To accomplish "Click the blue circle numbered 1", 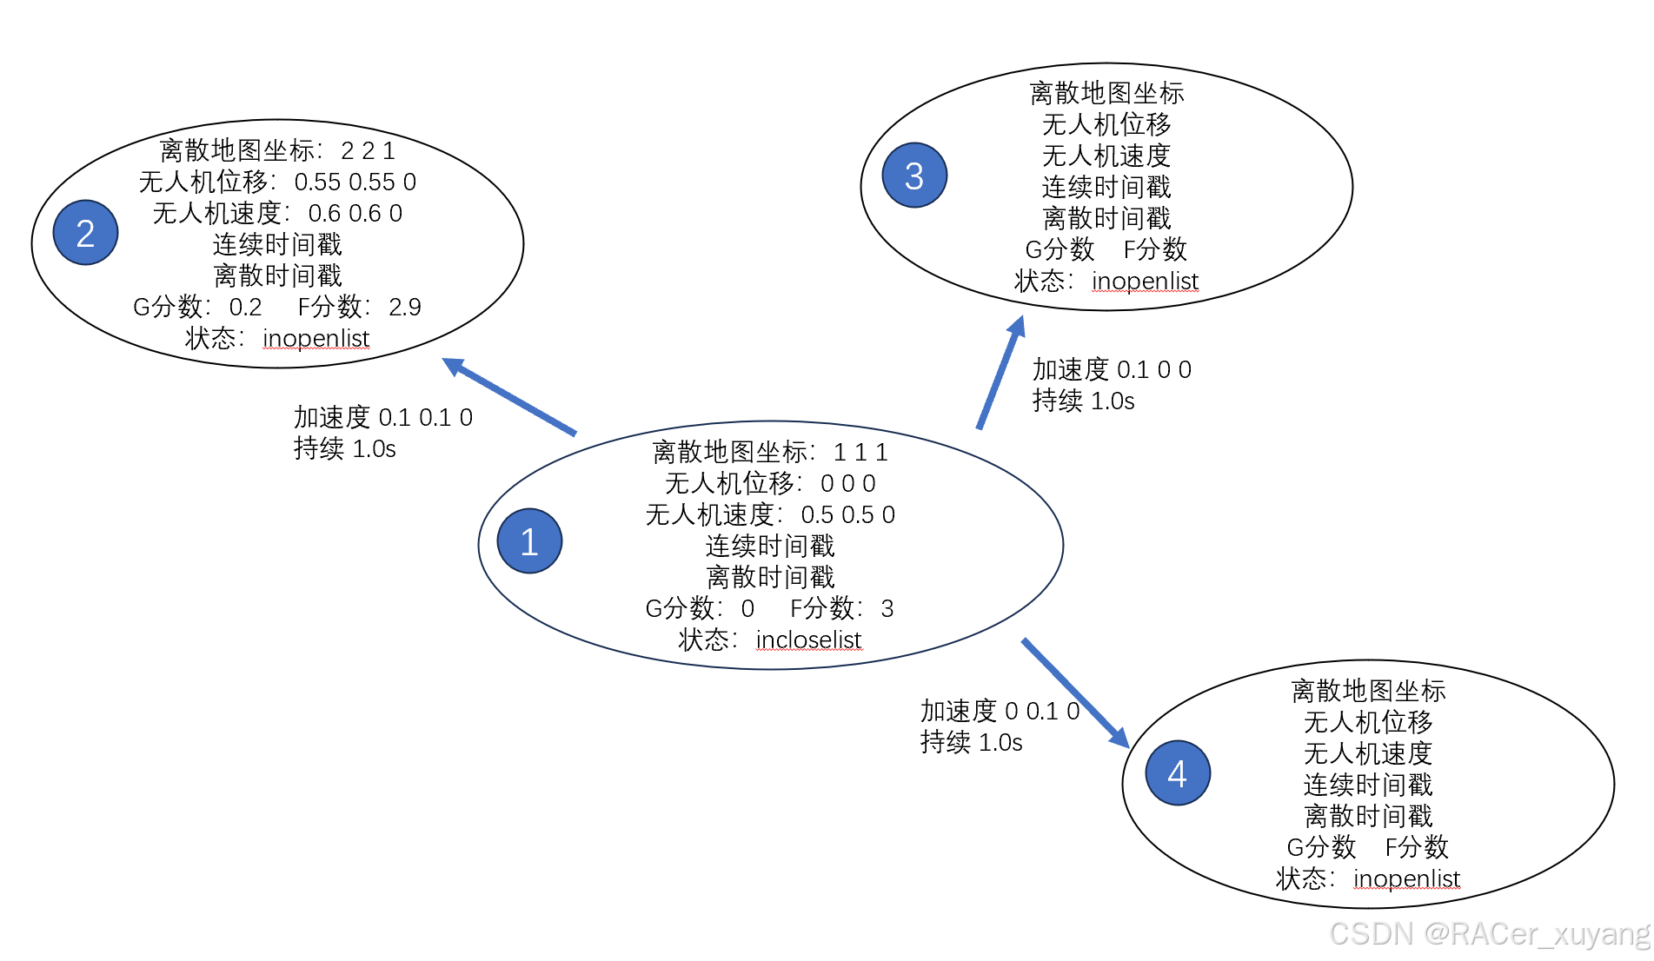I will point(529,540).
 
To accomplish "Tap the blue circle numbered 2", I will point(85,233).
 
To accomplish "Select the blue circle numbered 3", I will point(914,176).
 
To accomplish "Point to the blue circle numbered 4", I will point(1178,772).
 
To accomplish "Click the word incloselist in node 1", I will point(808,640).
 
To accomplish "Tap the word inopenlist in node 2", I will point(316,338).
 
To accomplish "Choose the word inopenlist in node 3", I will point(1145,282).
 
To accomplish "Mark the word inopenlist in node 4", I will point(1406,878).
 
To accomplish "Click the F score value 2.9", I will point(405,307).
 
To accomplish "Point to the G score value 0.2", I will point(245,307).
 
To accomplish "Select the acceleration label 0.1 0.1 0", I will point(426,418).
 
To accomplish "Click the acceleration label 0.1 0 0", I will point(1153,370).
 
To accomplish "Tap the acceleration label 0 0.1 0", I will point(1041,712).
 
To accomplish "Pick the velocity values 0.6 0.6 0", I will point(355,214).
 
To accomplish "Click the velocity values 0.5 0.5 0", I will point(847,515).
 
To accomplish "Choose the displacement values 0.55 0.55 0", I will point(355,182).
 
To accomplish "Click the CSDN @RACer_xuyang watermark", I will point(1488,934).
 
